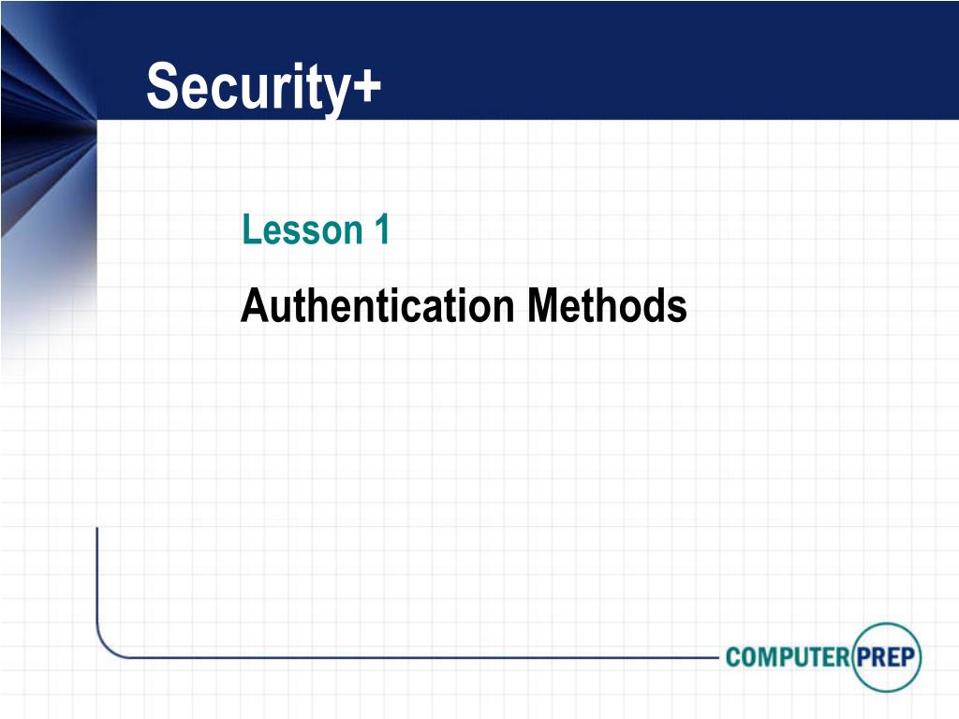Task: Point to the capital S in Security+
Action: [x=163, y=85]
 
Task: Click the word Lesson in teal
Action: [x=302, y=229]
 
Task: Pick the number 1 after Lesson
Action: [x=382, y=229]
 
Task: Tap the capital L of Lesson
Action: [x=251, y=229]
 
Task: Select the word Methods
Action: [x=607, y=305]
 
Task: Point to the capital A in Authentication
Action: [x=255, y=305]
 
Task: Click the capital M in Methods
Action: [x=543, y=305]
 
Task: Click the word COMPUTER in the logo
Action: [x=788, y=657]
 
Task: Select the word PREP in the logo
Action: [x=886, y=657]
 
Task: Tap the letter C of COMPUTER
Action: [x=733, y=657]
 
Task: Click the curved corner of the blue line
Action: [x=106, y=648]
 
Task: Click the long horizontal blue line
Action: [x=423, y=658]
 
